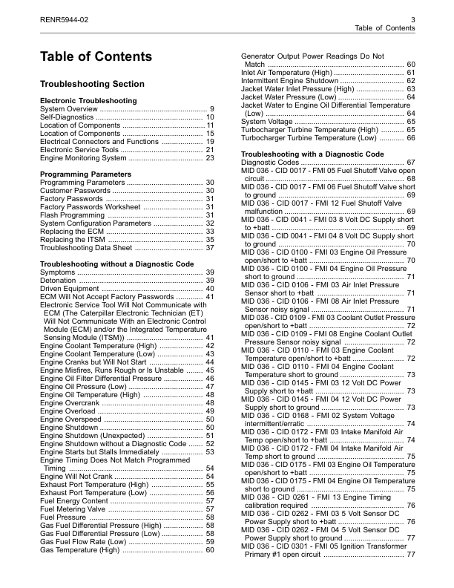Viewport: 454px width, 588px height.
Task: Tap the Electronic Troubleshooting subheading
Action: [88, 100]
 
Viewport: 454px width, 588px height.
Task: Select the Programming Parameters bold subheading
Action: [85, 174]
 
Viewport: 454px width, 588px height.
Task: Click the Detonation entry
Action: [58, 281]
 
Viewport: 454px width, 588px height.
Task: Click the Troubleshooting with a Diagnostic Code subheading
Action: [312, 154]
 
